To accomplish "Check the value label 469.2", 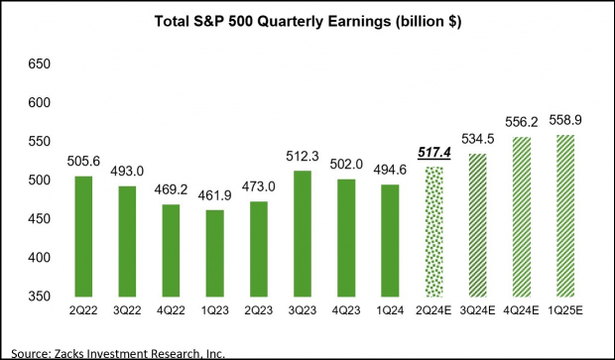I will pyautogui.click(x=173, y=188).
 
